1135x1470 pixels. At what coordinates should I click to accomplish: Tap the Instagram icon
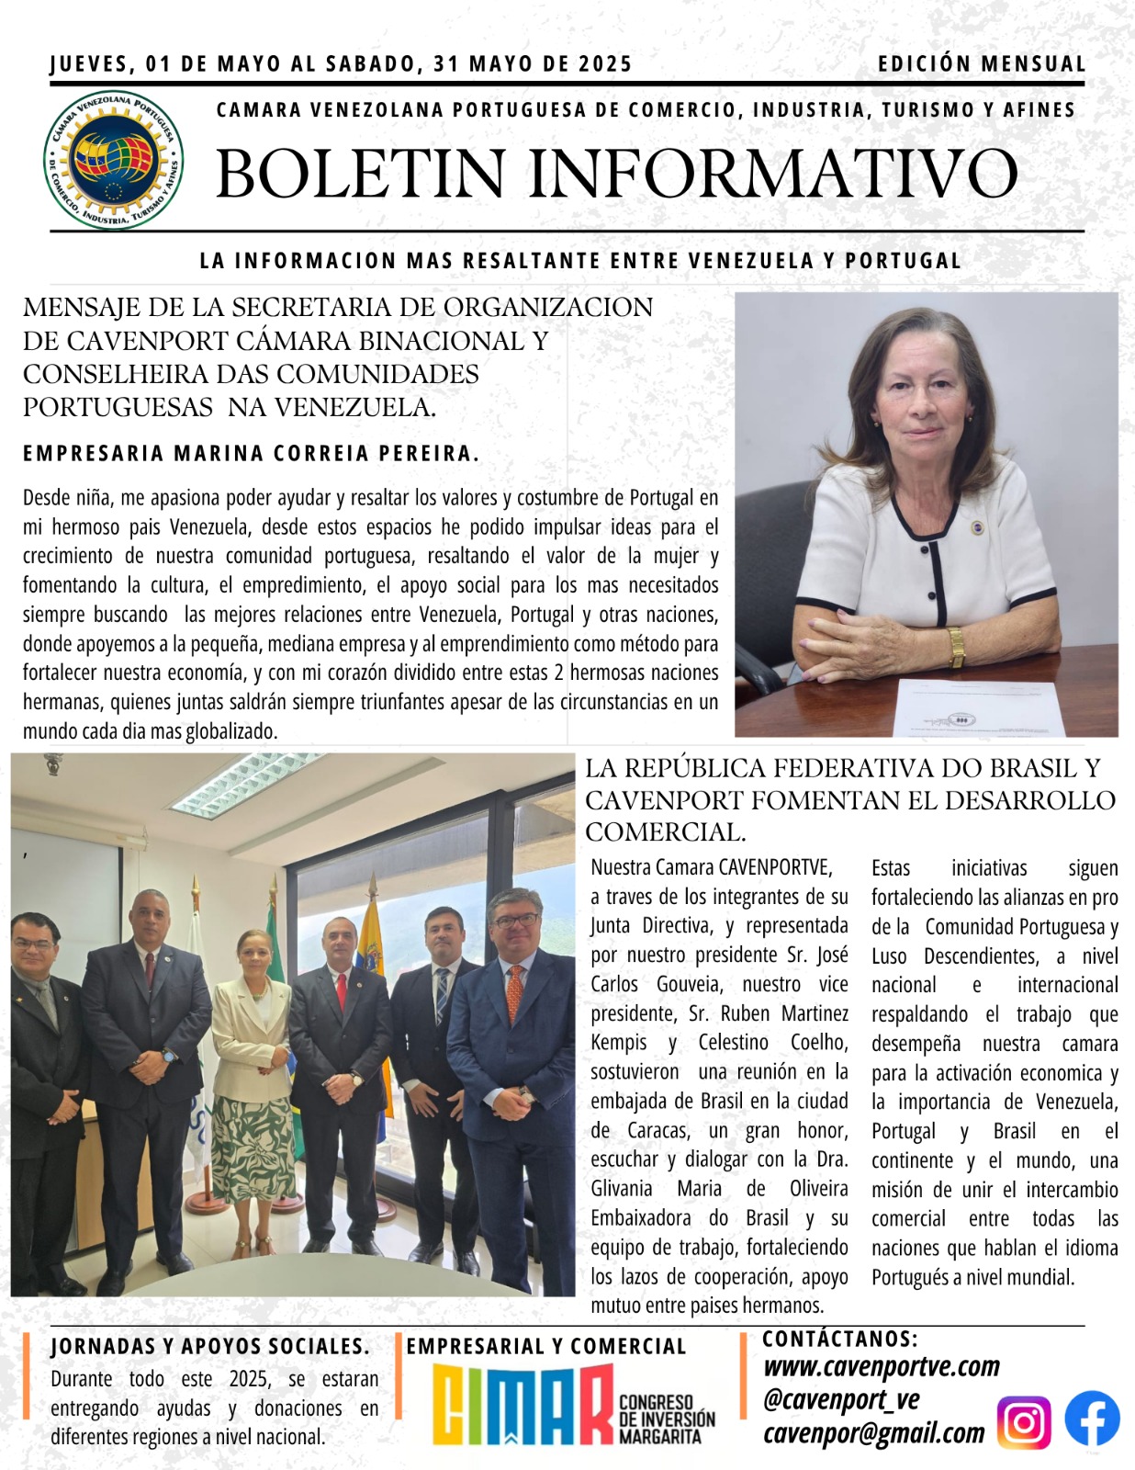(x=1023, y=1423)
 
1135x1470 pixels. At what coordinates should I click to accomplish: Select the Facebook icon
(x=1092, y=1419)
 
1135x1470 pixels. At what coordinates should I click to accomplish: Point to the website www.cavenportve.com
(x=882, y=1367)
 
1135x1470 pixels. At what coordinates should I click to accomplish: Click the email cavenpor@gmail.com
(x=873, y=1433)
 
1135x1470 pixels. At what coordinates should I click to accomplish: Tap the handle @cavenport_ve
(x=841, y=1400)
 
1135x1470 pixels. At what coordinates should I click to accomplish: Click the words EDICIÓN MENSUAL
(x=982, y=64)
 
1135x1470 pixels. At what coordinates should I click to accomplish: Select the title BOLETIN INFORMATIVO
(x=616, y=174)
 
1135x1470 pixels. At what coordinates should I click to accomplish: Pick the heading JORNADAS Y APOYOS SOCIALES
(x=210, y=1347)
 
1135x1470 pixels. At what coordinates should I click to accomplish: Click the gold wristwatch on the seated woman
(x=956, y=647)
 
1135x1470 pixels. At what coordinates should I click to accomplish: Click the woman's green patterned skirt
(x=253, y=1148)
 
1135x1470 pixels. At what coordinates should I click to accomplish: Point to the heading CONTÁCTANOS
(x=839, y=1339)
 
